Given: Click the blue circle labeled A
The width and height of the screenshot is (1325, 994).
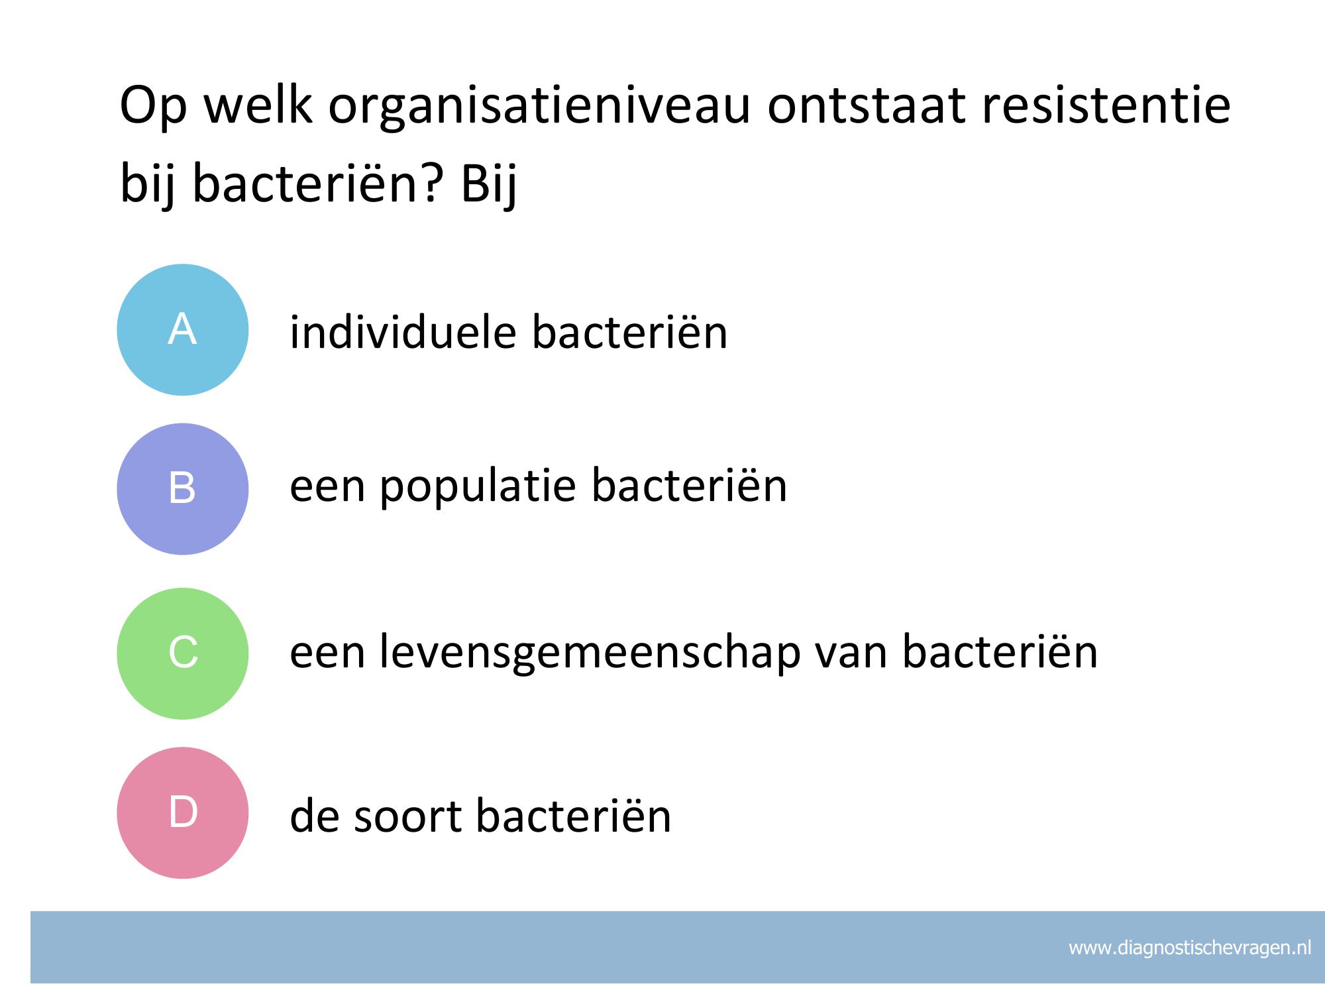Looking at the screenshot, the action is point(183,330).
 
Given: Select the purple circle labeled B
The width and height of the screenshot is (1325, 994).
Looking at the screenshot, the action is point(183,489).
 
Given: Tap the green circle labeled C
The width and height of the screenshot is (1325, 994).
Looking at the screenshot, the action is point(183,653).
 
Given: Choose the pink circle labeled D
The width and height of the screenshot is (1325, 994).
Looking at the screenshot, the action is point(183,813).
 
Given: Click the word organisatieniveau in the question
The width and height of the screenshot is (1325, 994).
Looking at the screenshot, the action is point(539,106).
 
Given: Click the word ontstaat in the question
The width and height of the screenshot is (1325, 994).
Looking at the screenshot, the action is point(866,106).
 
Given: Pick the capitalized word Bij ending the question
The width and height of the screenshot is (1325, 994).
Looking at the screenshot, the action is point(489,186).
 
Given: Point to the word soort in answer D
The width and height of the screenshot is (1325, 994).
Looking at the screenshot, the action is point(407,816).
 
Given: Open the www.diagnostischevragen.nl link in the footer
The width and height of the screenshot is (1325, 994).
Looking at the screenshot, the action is point(1190,948).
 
